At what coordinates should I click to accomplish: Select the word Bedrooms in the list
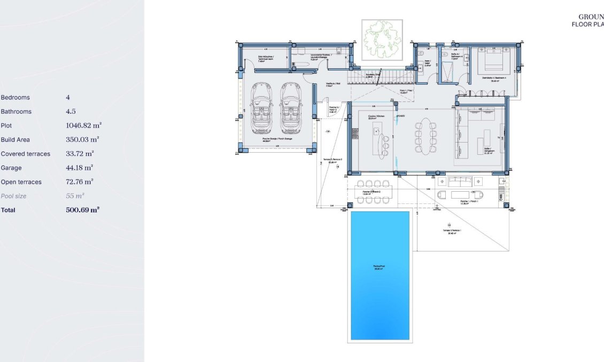click(16, 98)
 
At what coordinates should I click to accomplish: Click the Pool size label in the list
click(13, 196)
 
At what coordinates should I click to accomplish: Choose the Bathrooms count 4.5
click(71, 112)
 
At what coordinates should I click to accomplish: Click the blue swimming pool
click(380, 275)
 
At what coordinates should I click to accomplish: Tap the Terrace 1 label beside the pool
click(452, 232)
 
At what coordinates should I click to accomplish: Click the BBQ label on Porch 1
click(501, 197)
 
